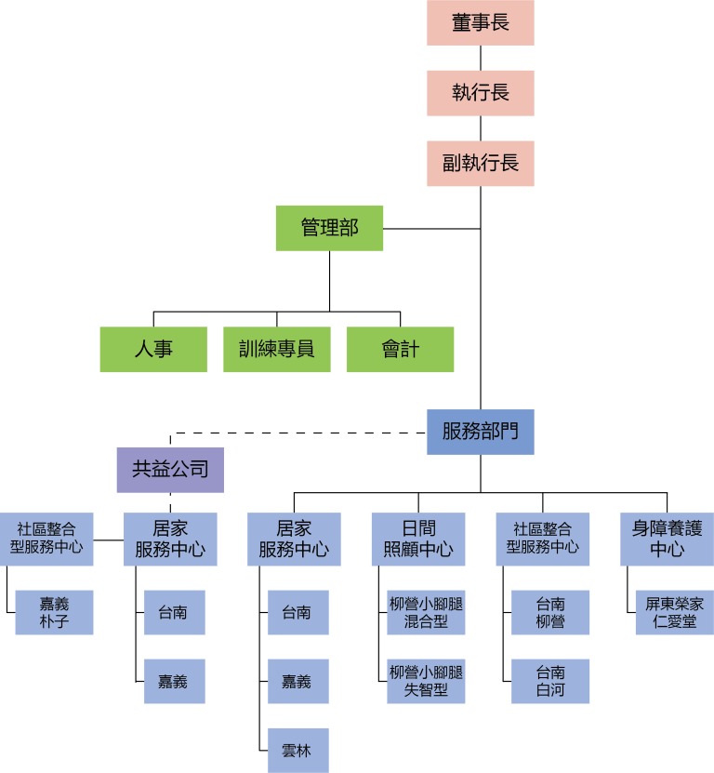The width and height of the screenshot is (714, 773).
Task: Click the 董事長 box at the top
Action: (x=481, y=22)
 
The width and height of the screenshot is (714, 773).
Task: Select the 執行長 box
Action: (x=481, y=93)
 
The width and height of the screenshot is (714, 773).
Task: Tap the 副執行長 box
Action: (x=481, y=164)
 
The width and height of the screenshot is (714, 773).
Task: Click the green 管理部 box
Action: (x=329, y=228)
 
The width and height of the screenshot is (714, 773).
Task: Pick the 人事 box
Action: (x=153, y=350)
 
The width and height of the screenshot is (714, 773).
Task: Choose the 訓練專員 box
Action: (x=276, y=350)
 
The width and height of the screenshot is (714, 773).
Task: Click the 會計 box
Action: (x=400, y=350)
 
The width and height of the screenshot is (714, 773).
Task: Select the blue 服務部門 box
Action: (x=481, y=432)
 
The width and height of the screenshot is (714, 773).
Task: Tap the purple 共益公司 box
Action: (x=170, y=470)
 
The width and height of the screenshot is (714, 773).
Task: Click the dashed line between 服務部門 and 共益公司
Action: (x=297, y=433)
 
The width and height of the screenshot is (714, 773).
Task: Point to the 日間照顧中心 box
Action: (x=417, y=539)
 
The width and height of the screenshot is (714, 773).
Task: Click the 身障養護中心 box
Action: (x=667, y=539)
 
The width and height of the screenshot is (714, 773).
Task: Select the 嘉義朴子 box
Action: (x=54, y=612)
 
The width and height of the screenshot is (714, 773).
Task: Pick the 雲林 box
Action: (x=297, y=751)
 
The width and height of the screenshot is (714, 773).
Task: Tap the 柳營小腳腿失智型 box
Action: (x=426, y=681)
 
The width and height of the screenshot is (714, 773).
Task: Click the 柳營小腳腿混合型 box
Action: (x=426, y=612)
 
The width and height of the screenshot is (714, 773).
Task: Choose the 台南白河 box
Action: (x=550, y=681)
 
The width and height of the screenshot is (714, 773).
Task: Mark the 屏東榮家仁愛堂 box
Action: (x=674, y=612)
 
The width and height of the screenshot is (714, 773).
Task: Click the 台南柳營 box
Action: (x=550, y=612)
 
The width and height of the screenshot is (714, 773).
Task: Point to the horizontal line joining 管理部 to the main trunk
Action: (x=432, y=229)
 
